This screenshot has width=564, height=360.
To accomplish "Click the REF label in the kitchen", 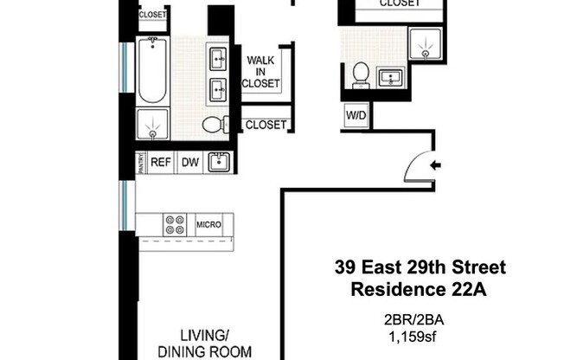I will point(160,162).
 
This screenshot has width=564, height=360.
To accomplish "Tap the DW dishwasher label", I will point(189,162).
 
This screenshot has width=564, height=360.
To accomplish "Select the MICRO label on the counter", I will point(208,225).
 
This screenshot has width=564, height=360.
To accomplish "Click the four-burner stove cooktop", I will point(175,224).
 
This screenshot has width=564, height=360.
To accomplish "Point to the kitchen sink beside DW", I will point(219,161).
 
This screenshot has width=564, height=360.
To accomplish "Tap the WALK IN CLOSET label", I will point(263,72).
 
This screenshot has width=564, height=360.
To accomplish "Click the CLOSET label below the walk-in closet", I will point(266,125).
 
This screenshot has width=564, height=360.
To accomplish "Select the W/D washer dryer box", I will point(355,114).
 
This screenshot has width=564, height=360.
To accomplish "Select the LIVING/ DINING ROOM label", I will point(204,344).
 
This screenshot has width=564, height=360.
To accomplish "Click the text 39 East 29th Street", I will point(420,267).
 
